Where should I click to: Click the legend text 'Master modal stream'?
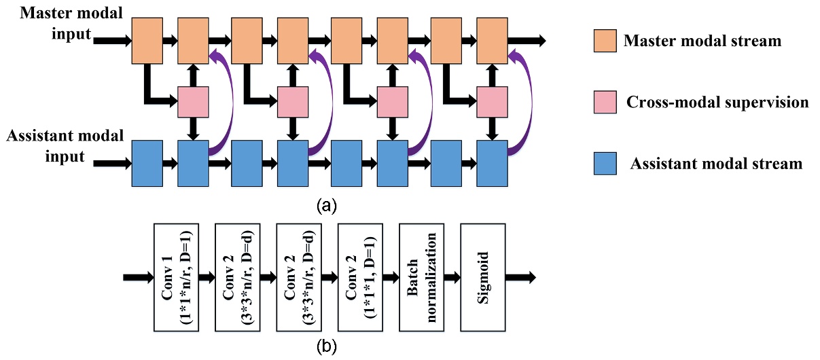coord(702,41)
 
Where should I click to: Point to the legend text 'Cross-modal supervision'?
coord(716,103)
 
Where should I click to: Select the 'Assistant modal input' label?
coord(56,145)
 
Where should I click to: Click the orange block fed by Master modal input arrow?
coord(147,40)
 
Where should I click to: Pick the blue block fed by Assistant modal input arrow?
coord(147,163)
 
